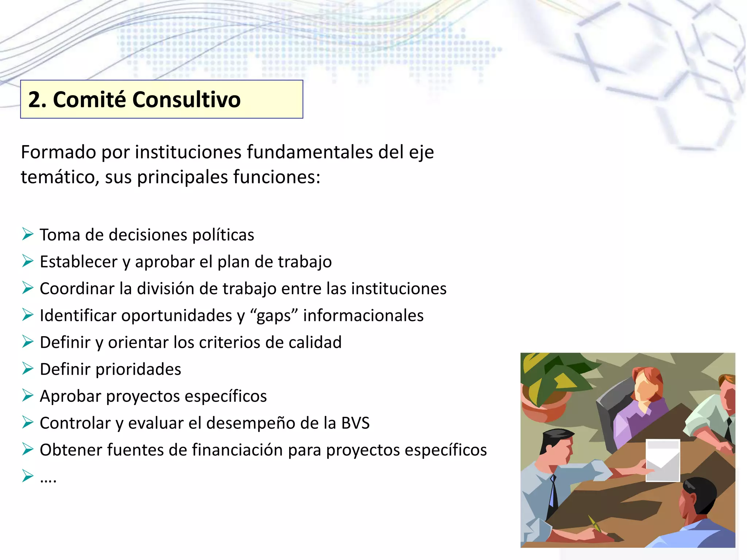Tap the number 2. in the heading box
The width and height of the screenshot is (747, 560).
pos(37,100)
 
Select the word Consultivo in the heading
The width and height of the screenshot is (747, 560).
pos(186,100)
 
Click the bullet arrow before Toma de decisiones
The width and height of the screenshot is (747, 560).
pos(27,234)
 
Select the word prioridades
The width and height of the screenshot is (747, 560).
pos(138,369)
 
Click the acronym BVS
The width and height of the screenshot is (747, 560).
pos(355,423)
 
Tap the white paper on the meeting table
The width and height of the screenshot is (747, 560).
pos(662,460)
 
